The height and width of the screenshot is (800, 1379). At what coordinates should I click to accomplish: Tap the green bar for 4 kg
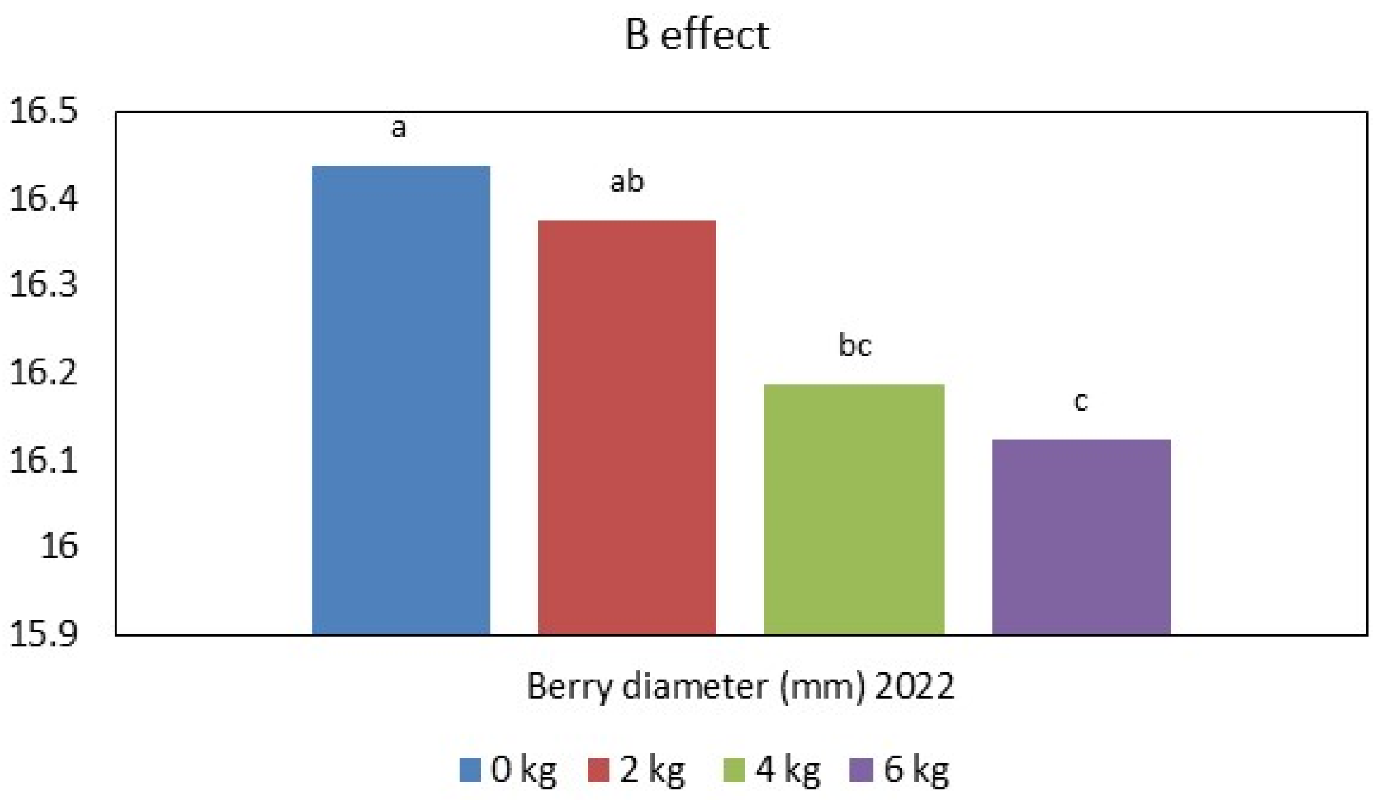(854, 509)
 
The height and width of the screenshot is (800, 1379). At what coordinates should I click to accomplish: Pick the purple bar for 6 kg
(1081, 536)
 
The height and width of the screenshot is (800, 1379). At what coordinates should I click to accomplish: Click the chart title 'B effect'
(696, 35)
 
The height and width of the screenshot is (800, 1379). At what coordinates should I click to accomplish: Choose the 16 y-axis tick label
(59, 546)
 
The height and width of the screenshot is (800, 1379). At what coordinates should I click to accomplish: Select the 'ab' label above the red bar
(627, 181)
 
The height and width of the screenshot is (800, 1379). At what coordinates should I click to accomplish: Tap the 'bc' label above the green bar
(854, 346)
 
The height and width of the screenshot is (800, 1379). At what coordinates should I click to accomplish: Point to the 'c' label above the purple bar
(1081, 402)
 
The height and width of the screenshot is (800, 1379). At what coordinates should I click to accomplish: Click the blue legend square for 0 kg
(470, 770)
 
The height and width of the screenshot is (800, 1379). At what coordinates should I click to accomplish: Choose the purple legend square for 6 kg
(861, 770)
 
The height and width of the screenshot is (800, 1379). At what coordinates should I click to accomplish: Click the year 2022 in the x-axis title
(914, 686)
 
